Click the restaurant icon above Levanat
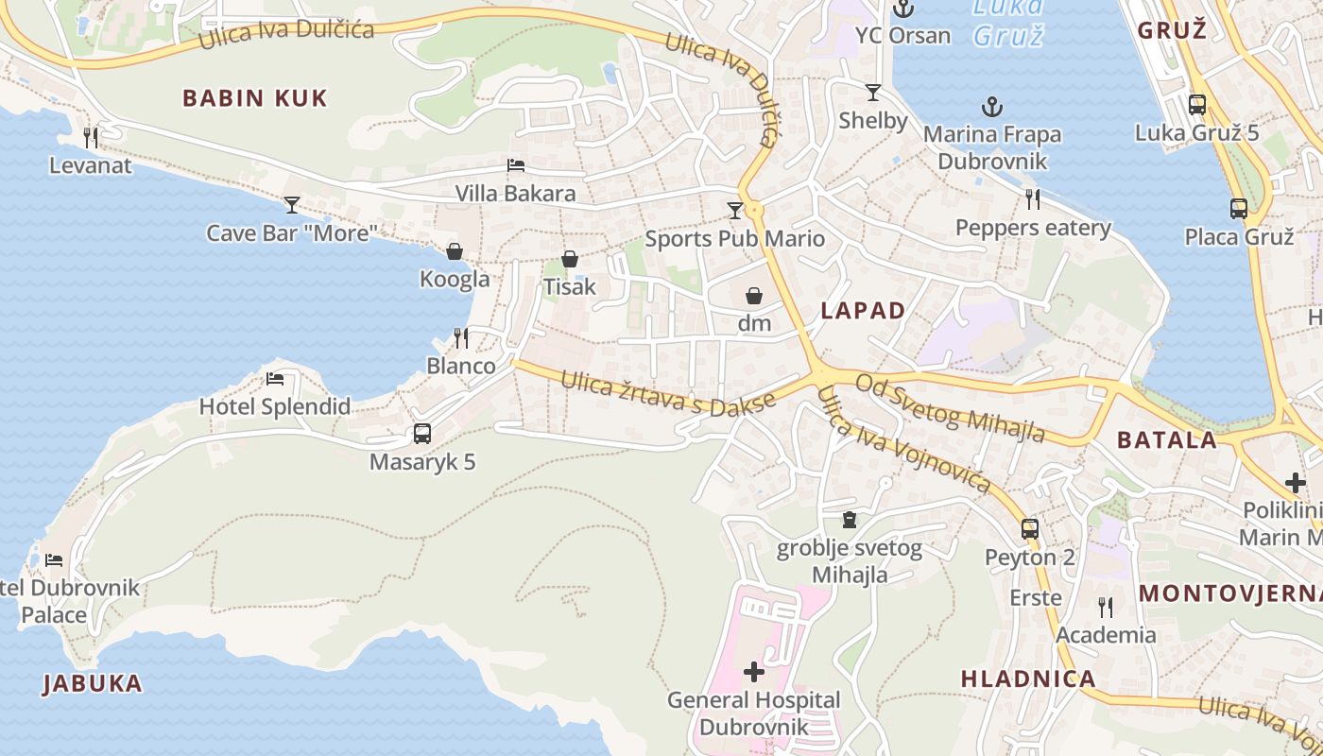point(91,138)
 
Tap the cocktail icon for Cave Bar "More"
point(292,204)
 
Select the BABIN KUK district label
point(254,98)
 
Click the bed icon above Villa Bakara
point(516,165)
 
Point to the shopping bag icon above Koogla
point(455,251)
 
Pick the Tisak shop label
point(570,285)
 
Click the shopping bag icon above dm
point(754,296)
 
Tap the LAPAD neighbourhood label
point(863,311)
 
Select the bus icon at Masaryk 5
point(422,434)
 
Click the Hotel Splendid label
point(274,407)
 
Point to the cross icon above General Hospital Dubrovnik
point(754,672)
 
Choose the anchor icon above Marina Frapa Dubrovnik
point(991,107)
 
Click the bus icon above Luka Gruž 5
point(1197,105)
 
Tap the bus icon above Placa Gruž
point(1238,209)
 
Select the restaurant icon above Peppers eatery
point(1033,199)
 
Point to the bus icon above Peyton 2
point(1030,529)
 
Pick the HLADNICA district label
point(1028,679)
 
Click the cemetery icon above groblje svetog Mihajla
point(850,520)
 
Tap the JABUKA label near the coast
point(93,683)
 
